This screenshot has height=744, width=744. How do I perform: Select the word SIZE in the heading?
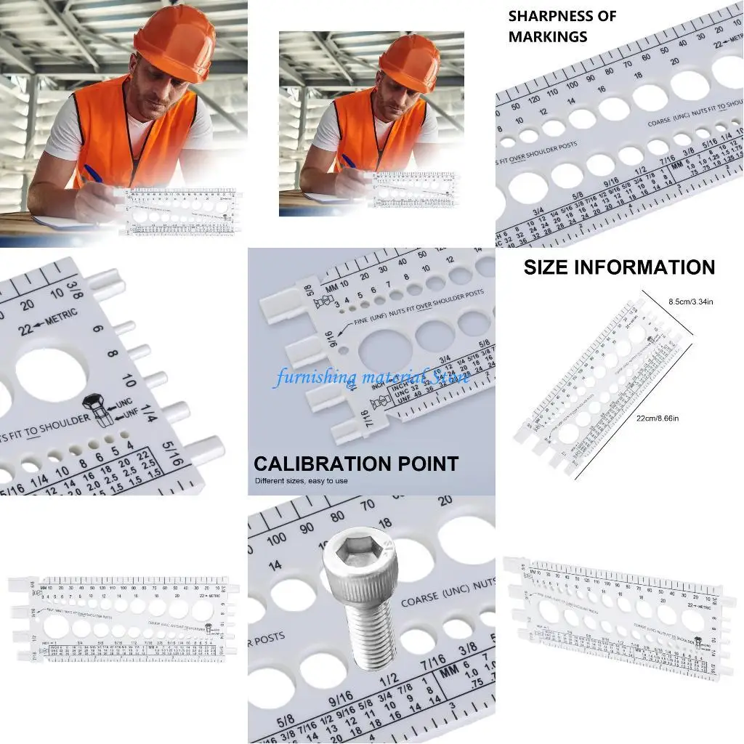(547, 267)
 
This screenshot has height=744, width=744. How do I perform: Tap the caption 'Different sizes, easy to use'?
(301, 481)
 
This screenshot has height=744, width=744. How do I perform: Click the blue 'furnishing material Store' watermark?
(371, 376)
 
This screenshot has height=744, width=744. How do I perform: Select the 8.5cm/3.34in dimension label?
(690, 301)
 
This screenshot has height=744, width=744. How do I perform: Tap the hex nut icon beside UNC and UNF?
(94, 407)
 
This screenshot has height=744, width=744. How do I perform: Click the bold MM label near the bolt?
(450, 671)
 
